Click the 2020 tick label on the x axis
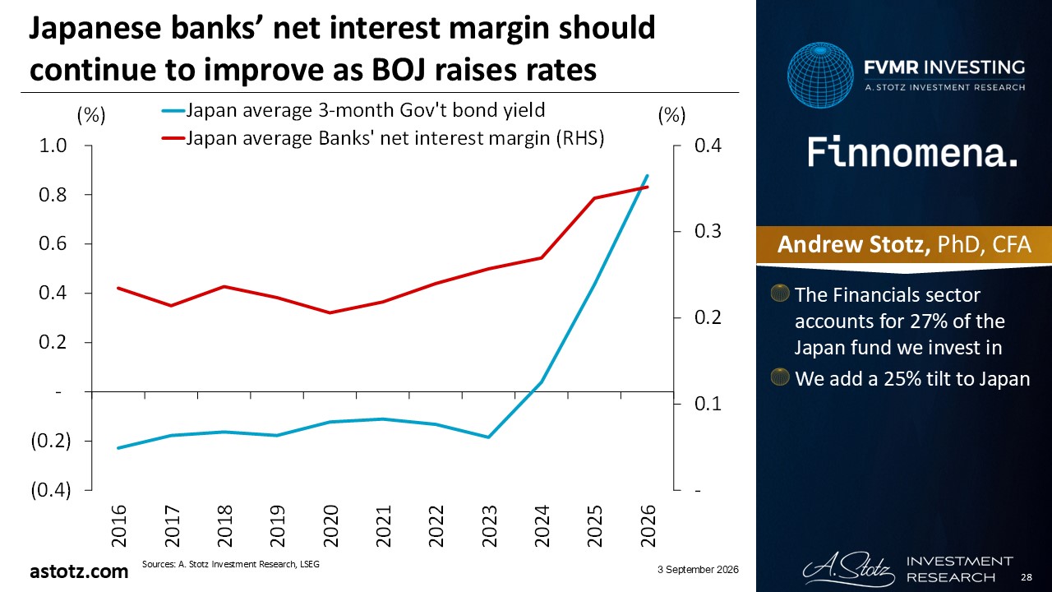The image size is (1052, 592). point(331,525)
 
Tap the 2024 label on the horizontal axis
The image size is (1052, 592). point(542,525)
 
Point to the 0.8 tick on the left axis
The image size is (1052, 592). point(53,195)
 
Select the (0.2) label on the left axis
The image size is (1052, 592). point(51,442)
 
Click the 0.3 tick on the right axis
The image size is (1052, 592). point(708,231)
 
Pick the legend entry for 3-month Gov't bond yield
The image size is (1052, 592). point(353,110)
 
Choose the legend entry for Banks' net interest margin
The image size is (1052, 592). point(383,138)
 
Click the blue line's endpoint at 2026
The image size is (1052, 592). point(648,176)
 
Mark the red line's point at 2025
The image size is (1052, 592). point(594,198)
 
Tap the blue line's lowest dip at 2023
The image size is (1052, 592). point(488,437)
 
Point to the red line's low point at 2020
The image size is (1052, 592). point(330,313)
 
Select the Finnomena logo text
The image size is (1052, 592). point(912,152)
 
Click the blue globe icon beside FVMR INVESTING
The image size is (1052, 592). point(820,75)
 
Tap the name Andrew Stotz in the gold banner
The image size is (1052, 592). point(854,244)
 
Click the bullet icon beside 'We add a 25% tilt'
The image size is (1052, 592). point(780,377)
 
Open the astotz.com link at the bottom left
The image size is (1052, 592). point(79,571)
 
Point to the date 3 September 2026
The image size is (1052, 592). point(698,570)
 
